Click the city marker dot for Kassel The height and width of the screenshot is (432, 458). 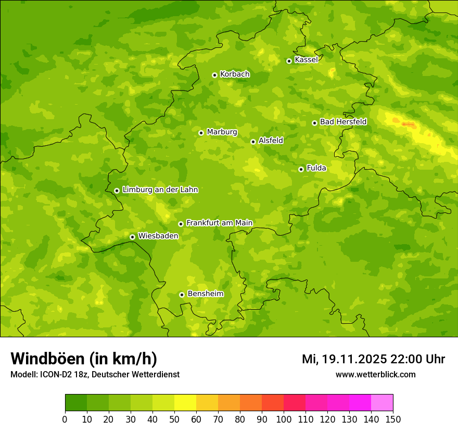[289, 61]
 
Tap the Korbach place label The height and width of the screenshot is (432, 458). [235, 74]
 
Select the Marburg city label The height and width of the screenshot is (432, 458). [222, 132]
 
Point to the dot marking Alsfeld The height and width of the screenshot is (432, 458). [253, 142]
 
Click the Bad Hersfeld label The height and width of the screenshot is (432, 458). [343, 122]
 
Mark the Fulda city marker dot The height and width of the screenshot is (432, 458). [301, 169]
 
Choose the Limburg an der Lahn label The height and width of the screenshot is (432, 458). [160, 190]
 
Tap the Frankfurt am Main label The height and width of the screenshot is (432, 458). [219, 223]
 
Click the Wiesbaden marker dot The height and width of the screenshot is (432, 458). [132, 237]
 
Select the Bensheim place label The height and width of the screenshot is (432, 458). [205, 294]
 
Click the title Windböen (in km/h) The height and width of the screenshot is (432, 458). [84, 359]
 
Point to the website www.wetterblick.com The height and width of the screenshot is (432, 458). [375, 375]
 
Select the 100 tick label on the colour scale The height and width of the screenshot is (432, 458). [284, 420]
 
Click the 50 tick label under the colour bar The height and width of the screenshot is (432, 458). [174, 420]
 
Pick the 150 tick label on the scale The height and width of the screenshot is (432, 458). [393, 420]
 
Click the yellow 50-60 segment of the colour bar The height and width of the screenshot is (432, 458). [185, 403]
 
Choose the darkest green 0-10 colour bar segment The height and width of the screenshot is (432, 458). [76, 403]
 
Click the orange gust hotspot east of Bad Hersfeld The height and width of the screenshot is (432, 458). [408, 124]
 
